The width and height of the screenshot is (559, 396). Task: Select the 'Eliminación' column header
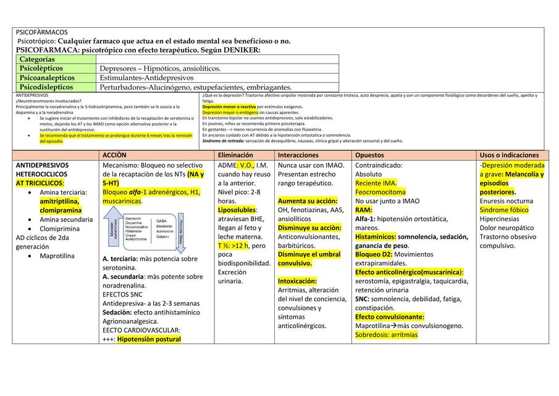click(x=235, y=155)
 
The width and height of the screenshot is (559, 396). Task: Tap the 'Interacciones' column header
click(x=298, y=155)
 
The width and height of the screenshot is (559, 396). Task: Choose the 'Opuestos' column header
click(x=369, y=155)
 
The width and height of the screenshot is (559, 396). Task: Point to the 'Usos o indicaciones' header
click(x=509, y=155)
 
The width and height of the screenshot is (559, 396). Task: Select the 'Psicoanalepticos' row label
click(x=47, y=78)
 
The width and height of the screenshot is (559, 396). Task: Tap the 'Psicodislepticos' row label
click(x=46, y=87)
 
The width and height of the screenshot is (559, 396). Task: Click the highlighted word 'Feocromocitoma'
click(x=380, y=192)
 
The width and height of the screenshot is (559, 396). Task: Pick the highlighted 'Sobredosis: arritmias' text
click(x=386, y=335)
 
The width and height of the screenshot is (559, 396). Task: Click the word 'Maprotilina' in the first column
click(x=57, y=256)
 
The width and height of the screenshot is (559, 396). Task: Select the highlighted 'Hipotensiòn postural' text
click(x=149, y=339)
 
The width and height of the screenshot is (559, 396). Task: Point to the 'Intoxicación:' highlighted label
click(x=299, y=281)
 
